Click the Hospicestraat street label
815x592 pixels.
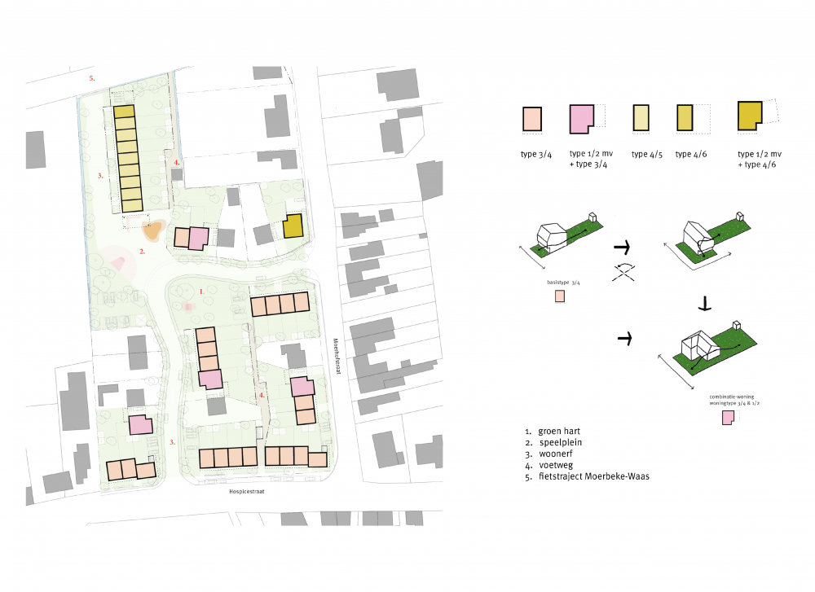click(x=249, y=493)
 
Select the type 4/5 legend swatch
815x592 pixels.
click(x=641, y=119)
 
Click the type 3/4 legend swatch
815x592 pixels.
click(x=531, y=119)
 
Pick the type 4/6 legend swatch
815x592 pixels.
click(x=683, y=119)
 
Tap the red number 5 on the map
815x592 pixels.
click(x=92, y=78)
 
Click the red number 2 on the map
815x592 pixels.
click(x=142, y=252)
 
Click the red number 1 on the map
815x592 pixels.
click(x=200, y=290)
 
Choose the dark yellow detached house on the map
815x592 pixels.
click(x=293, y=226)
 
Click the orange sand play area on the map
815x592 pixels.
click(x=152, y=231)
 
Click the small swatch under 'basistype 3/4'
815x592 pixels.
click(x=559, y=296)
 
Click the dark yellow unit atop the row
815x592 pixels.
click(x=123, y=112)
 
